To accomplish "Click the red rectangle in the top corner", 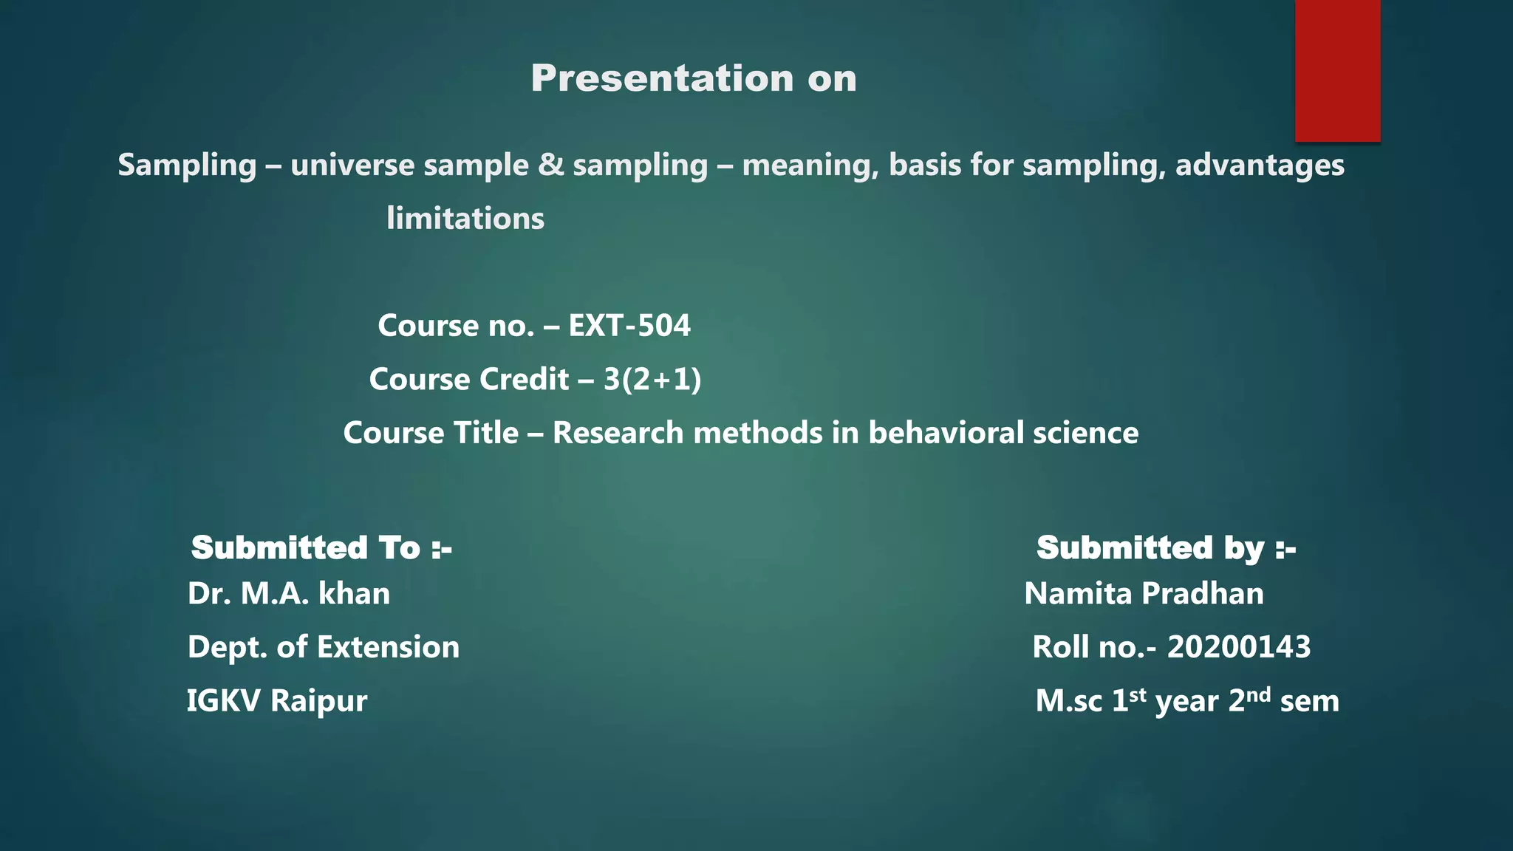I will pyautogui.click(x=1337, y=70).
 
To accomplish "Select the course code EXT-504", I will pyautogui.click(x=629, y=326).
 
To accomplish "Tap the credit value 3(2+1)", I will pyautogui.click(x=652, y=380).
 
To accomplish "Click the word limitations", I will pyautogui.click(x=465, y=219).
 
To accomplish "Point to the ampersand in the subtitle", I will pyautogui.click(x=550, y=164).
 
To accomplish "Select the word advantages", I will pyautogui.click(x=1260, y=165).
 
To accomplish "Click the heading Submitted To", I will pyautogui.click(x=321, y=548).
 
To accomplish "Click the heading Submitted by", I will pyautogui.click(x=1166, y=548).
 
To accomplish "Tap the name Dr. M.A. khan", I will pyautogui.click(x=289, y=594).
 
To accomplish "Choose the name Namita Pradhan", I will pyautogui.click(x=1144, y=594).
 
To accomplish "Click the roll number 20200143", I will pyautogui.click(x=1239, y=647).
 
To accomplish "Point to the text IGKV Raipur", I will pyautogui.click(x=277, y=701).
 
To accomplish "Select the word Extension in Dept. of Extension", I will pyautogui.click(x=389, y=647).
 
